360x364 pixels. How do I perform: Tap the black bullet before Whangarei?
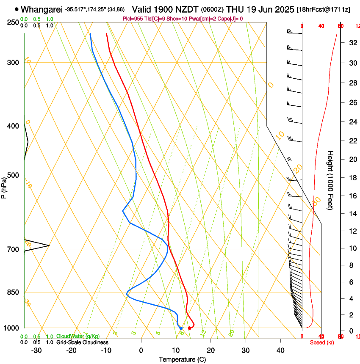17,9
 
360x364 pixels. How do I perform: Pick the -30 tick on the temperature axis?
36,350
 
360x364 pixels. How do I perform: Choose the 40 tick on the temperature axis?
280,350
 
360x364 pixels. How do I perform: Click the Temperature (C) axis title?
182,359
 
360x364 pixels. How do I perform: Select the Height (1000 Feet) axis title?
330,180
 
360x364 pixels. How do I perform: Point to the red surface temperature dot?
189,328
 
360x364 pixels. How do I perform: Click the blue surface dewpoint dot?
181,328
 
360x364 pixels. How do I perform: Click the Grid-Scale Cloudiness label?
82,342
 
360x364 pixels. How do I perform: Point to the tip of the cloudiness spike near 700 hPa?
49,245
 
